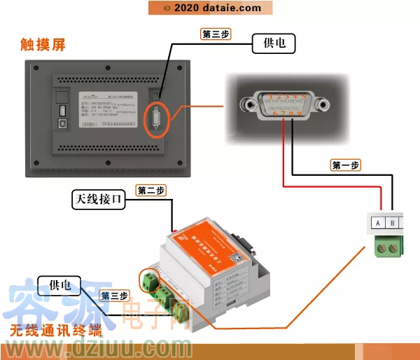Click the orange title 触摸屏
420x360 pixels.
43,45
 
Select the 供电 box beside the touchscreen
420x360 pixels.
274,44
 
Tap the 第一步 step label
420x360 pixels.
345,165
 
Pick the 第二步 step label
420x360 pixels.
150,191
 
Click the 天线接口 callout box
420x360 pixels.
99,200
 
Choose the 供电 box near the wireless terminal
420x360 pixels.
59,285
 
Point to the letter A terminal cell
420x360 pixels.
378,223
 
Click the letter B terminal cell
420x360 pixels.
393,223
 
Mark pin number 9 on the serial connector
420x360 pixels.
300,111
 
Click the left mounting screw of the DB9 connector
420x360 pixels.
246,105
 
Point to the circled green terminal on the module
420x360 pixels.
149,280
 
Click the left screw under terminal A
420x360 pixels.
382,246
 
